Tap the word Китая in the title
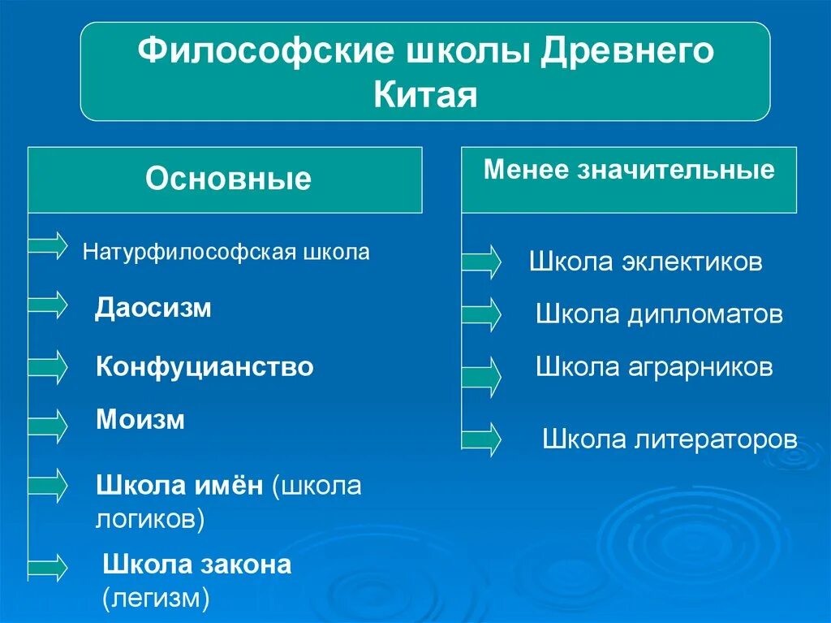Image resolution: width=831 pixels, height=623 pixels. (425, 94)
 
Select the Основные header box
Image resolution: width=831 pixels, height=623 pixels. (226, 180)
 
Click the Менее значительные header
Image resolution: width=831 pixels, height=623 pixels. (629, 171)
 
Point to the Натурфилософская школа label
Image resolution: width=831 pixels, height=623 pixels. (226, 253)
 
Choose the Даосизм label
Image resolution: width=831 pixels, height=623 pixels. (153, 309)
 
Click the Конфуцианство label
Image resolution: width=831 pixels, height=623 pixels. (205, 367)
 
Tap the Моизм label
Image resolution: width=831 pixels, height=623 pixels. (140, 420)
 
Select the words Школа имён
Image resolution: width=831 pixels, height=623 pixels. (179, 486)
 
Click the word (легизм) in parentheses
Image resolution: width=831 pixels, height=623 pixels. (157, 599)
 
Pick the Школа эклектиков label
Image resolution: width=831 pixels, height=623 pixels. (645, 262)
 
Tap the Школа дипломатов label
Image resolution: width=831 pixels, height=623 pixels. (659, 315)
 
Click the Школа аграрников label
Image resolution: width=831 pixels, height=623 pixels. (654, 367)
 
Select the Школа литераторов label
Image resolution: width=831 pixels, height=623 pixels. (670, 439)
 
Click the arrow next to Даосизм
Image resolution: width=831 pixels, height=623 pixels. (48, 305)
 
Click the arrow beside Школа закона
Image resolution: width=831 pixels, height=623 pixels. (48, 565)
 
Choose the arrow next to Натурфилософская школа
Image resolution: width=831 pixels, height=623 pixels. (48, 244)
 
